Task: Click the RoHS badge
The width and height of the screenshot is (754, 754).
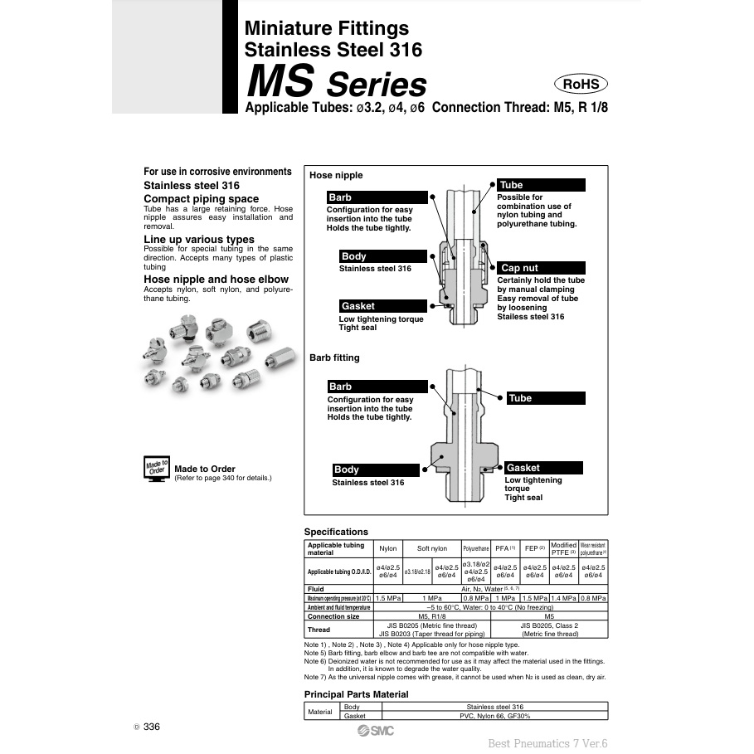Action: point(581,84)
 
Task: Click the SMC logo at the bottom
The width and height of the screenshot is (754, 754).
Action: point(376,730)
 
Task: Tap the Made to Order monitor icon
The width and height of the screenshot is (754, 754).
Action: point(157,469)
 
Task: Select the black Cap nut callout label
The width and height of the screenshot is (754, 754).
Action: point(541,268)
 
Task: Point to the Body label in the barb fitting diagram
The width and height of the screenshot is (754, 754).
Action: point(375,469)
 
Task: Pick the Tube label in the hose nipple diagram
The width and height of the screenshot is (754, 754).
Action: point(541,185)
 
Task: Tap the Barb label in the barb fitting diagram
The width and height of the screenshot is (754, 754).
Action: point(377,387)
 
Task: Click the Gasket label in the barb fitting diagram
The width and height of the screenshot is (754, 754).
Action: point(544,468)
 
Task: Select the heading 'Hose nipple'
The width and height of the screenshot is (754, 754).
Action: point(336,175)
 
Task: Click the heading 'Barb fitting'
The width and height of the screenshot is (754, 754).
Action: point(334,358)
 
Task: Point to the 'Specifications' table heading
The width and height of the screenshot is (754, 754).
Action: point(336,532)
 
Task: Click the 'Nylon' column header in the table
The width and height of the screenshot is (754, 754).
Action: point(387,549)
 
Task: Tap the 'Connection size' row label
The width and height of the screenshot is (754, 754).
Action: point(333,616)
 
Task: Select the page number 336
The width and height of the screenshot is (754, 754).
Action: point(151,727)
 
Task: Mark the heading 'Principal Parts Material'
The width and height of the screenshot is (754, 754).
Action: point(356,694)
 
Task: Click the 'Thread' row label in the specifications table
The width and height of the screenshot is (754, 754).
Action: point(319,630)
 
